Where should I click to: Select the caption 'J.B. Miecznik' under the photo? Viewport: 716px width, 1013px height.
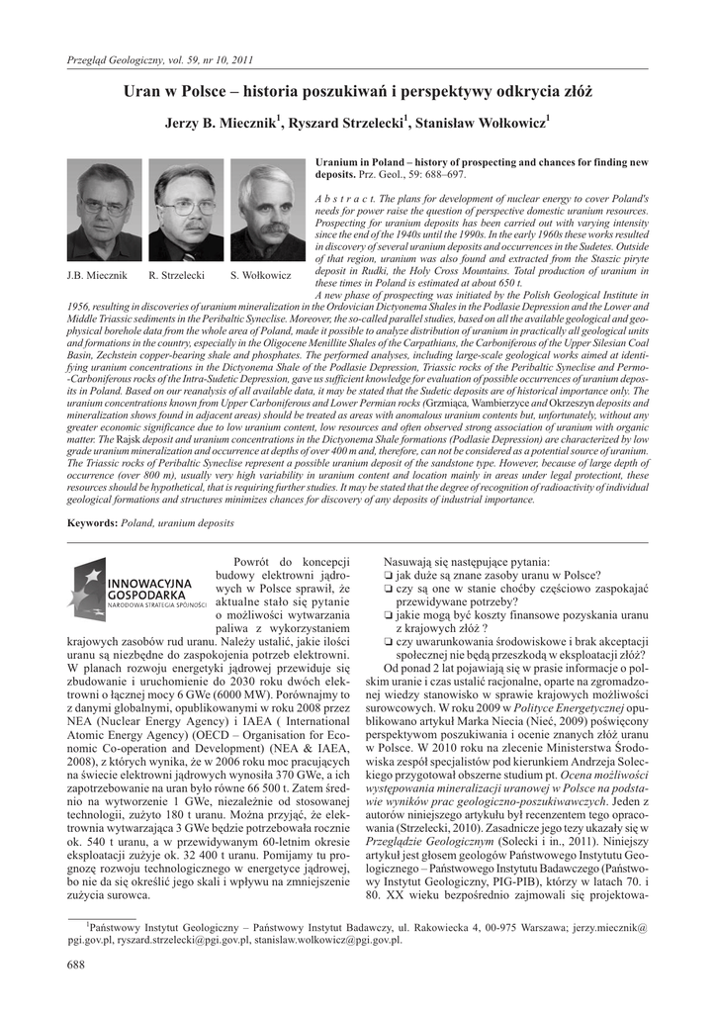pyautogui.click(x=96, y=274)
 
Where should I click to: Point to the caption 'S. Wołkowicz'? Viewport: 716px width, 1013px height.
pyautogui.click(x=260, y=274)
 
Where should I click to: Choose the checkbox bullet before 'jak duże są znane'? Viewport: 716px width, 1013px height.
pyautogui.click(x=388, y=576)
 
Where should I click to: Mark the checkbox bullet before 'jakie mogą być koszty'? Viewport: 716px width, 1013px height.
pyautogui.click(x=388, y=614)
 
